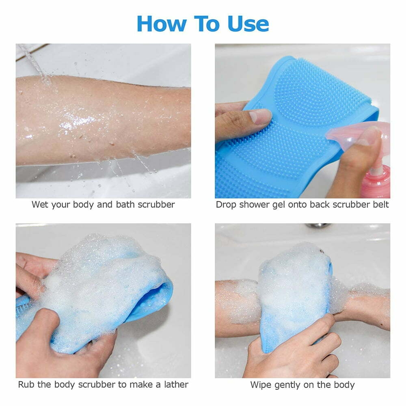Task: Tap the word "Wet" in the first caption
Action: coord(40,204)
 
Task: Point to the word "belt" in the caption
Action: coord(380,204)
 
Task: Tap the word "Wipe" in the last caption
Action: coord(260,384)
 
